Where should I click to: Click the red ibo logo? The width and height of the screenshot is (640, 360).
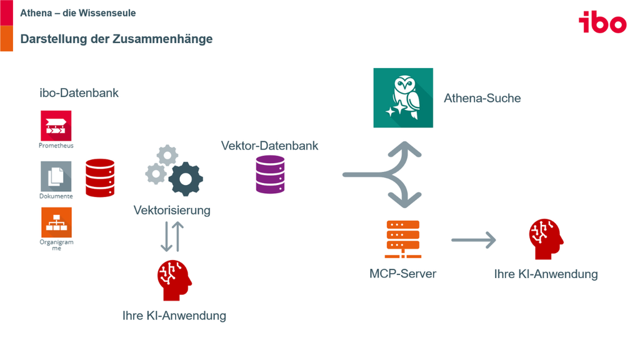602,22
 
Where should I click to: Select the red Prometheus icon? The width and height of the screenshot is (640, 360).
56,126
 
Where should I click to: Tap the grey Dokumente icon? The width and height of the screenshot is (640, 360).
56,176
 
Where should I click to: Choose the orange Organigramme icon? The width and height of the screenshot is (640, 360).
56,222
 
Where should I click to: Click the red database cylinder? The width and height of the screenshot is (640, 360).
100,178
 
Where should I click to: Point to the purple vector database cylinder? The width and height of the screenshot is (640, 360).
270,174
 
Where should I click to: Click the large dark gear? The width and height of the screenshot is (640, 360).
186,179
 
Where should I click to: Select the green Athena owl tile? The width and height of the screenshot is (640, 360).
403,98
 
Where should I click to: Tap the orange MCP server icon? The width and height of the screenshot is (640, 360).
403,239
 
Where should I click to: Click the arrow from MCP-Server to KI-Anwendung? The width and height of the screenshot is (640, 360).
474,240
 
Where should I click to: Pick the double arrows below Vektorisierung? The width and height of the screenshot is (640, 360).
172,237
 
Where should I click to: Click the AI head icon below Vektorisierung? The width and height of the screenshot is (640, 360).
175,281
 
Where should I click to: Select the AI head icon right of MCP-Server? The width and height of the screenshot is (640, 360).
546,239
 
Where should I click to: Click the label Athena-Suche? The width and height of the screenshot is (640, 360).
482,98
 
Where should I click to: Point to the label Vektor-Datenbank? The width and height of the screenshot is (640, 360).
269,146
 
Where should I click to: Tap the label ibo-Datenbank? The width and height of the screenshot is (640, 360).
79,93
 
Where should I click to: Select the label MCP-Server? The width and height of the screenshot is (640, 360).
403,274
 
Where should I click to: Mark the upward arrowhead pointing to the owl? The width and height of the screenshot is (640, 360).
404,149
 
